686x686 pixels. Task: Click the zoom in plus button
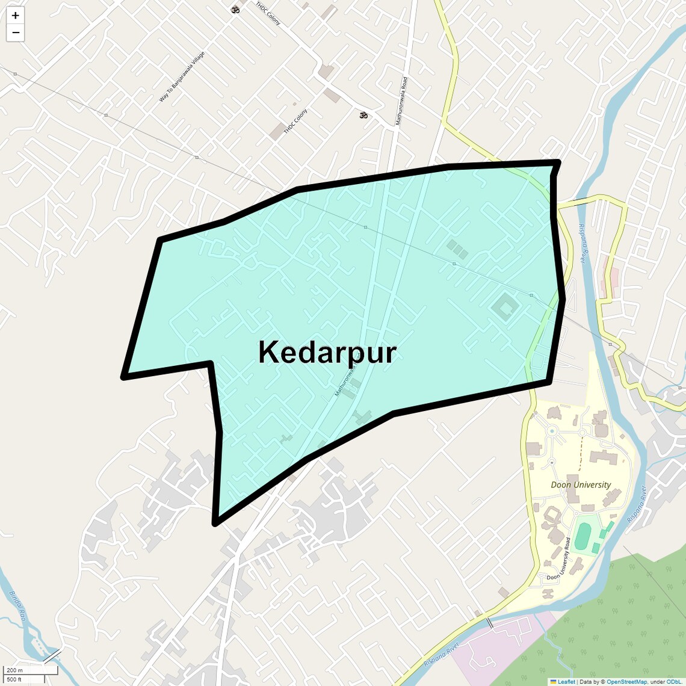pyautogui.click(x=15, y=16)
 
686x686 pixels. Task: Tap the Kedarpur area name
pyautogui.click(x=327, y=352)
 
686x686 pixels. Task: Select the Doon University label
pyautogui.click(x=581, y=484)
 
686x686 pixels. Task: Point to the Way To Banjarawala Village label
pyautogui.click(x=182, y=77)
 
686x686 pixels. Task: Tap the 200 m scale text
pyautogui.click(x=14, y=670)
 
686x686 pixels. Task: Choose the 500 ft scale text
pyautogui.click(x=14, y=679)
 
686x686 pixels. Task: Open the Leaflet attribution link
pyautogui.click(x=566, y=682)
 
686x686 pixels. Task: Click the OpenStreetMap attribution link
pyautogui.click(x=626, y=682)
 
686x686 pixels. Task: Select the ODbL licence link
pyautogui.click(x=673, y=682)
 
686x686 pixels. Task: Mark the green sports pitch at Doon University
pyautogui.click(x=582, y=536)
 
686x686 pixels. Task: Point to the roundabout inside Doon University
pyautogui.click(x=551, y=431)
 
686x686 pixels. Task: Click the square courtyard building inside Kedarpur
pyautogui.click(x=505, y=308)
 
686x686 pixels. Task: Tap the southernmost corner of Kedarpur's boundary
pyautogui.click(x=215, y=523)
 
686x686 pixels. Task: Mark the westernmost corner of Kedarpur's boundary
pyautogui.click(x=124, y=377)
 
